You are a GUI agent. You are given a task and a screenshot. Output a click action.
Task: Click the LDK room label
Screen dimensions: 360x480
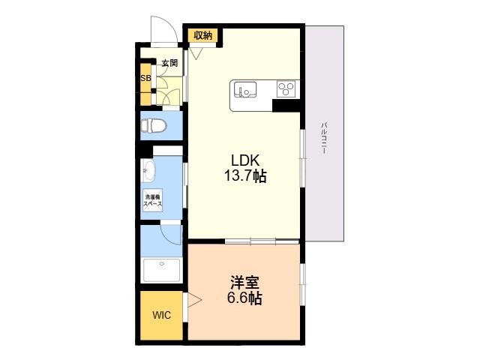244,160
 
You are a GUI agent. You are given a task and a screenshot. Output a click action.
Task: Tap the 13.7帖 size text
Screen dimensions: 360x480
244,177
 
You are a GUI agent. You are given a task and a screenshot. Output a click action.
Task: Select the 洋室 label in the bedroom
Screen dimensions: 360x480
244,283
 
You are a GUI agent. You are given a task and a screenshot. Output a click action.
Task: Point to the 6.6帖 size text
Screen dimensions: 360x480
244,298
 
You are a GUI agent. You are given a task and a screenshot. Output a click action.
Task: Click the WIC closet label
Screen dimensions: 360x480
162,315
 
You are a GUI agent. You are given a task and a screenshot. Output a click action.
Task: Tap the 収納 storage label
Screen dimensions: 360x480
202,35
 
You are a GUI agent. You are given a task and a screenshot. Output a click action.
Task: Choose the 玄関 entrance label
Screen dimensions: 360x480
169,64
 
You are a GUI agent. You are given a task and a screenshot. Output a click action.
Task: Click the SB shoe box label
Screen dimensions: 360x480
145,78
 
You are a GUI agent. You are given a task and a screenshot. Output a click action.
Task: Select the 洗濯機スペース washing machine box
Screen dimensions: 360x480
154,200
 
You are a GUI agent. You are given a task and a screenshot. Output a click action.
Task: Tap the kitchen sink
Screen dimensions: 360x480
244,89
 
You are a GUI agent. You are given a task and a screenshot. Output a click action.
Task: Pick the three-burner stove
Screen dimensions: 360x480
286,89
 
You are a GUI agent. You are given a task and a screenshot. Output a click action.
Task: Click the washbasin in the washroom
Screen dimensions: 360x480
147,172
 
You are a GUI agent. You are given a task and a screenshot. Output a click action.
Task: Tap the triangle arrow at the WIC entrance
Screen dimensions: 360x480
195,301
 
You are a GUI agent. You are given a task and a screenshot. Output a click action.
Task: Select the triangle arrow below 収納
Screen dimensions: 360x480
196,53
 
